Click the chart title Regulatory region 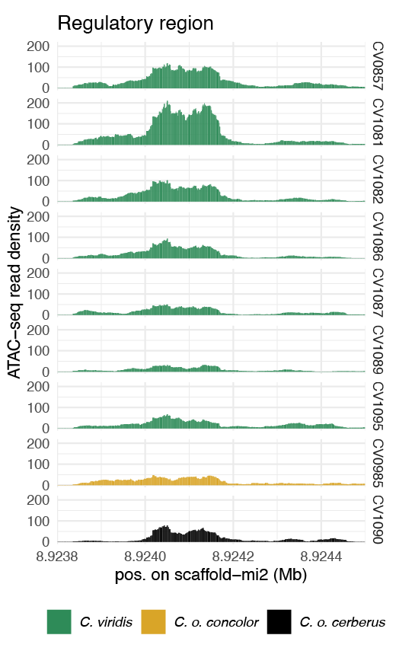(x=136, y=24)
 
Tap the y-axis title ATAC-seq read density (x=14, y=292)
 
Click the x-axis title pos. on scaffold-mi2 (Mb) (x=211, y=575)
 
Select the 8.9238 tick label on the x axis (x=57, y=557)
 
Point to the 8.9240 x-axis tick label (x=145, y=557)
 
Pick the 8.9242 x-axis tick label (x=233, y=557)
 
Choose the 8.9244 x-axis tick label (x=321, y=557)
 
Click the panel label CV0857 (x=378, y=66)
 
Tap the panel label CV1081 (x=378, y=123)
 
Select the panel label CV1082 (x=378, y=180)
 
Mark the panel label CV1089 (x=378, y=349)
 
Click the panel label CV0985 (x=378, y=463)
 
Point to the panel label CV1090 (x=378, y=519)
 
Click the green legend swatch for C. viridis (x=59, y=622)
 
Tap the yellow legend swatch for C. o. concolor (x=153, y=622)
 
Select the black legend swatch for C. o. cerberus (x=279, y=622)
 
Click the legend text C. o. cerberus (x=343, y=622)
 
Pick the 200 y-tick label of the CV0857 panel (x=38, y=46)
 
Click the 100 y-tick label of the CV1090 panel (x=38, y=521)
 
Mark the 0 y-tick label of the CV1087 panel (x=46, y=315)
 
